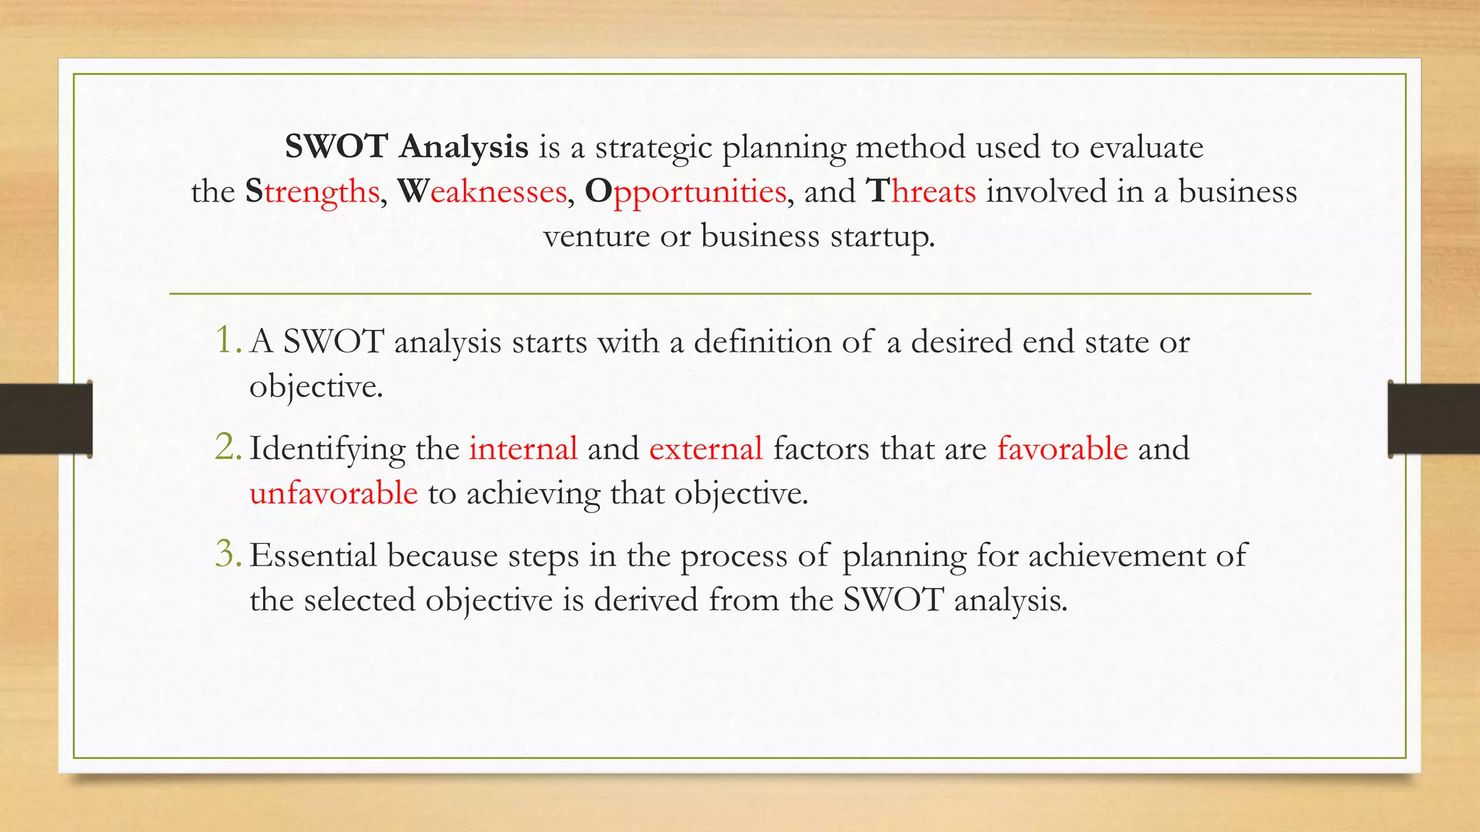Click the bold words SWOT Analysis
tap(407, 147)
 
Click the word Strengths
tap(312, 192)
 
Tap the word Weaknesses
tap(482, 192)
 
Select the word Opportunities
tap(684, 192)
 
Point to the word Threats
tap(921, 192)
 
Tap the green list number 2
tap(228, 447)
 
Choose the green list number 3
tap(228, 554)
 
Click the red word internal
tap(523, 448)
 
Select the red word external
tap(706, 448)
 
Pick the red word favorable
tap(1062, 448)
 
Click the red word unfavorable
tap(333, 493)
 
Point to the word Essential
tap(314, 555)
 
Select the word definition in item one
tap(762, 342)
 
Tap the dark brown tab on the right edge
tap(1434, 419)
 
